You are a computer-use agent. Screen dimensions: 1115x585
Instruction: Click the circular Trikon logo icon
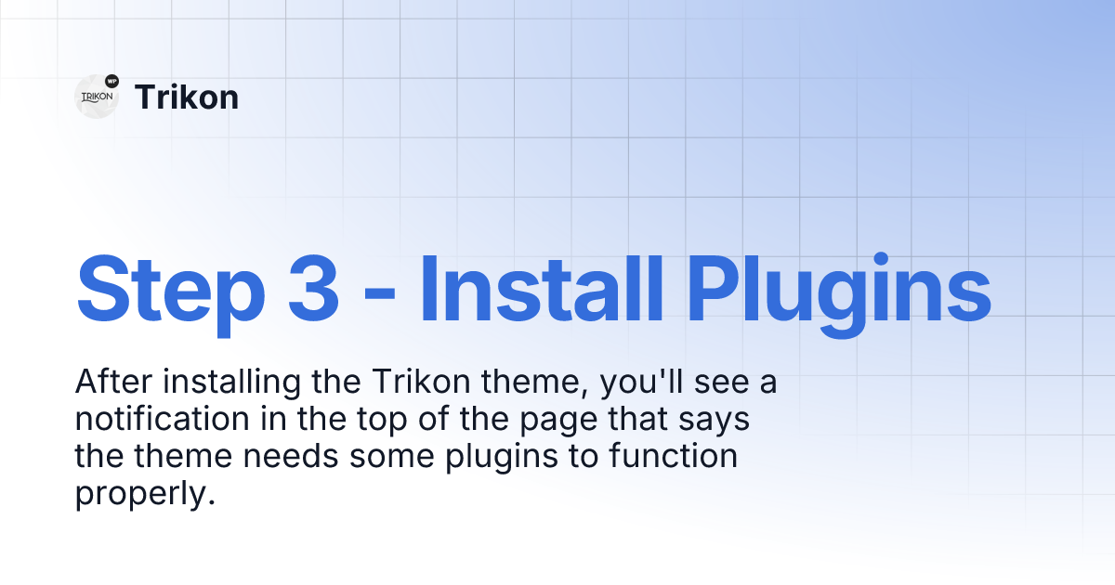[x=97, y=97]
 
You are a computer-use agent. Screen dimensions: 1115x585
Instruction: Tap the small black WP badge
[x=112, y=81]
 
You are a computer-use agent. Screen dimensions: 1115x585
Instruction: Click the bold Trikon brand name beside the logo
[x=187, y=97]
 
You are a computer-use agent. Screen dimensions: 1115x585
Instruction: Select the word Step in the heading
[x=171, y=293]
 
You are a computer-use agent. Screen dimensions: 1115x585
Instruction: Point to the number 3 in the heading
[x=314, y=290]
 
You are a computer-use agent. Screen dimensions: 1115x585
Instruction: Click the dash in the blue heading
[x=379, y=297]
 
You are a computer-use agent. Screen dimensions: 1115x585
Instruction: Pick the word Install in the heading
[x=542, y=290]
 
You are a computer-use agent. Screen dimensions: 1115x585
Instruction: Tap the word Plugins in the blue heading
[x=839, y=295]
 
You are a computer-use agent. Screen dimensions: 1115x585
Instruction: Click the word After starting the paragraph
[x=113, y=382]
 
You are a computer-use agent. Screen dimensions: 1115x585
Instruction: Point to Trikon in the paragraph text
[x=421, y=382]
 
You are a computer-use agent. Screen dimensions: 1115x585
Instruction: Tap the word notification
[x=163, y=419]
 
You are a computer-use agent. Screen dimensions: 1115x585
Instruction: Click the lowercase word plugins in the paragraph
[x=502, y=458]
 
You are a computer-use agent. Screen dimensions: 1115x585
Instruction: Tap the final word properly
[x=145, y=494]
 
